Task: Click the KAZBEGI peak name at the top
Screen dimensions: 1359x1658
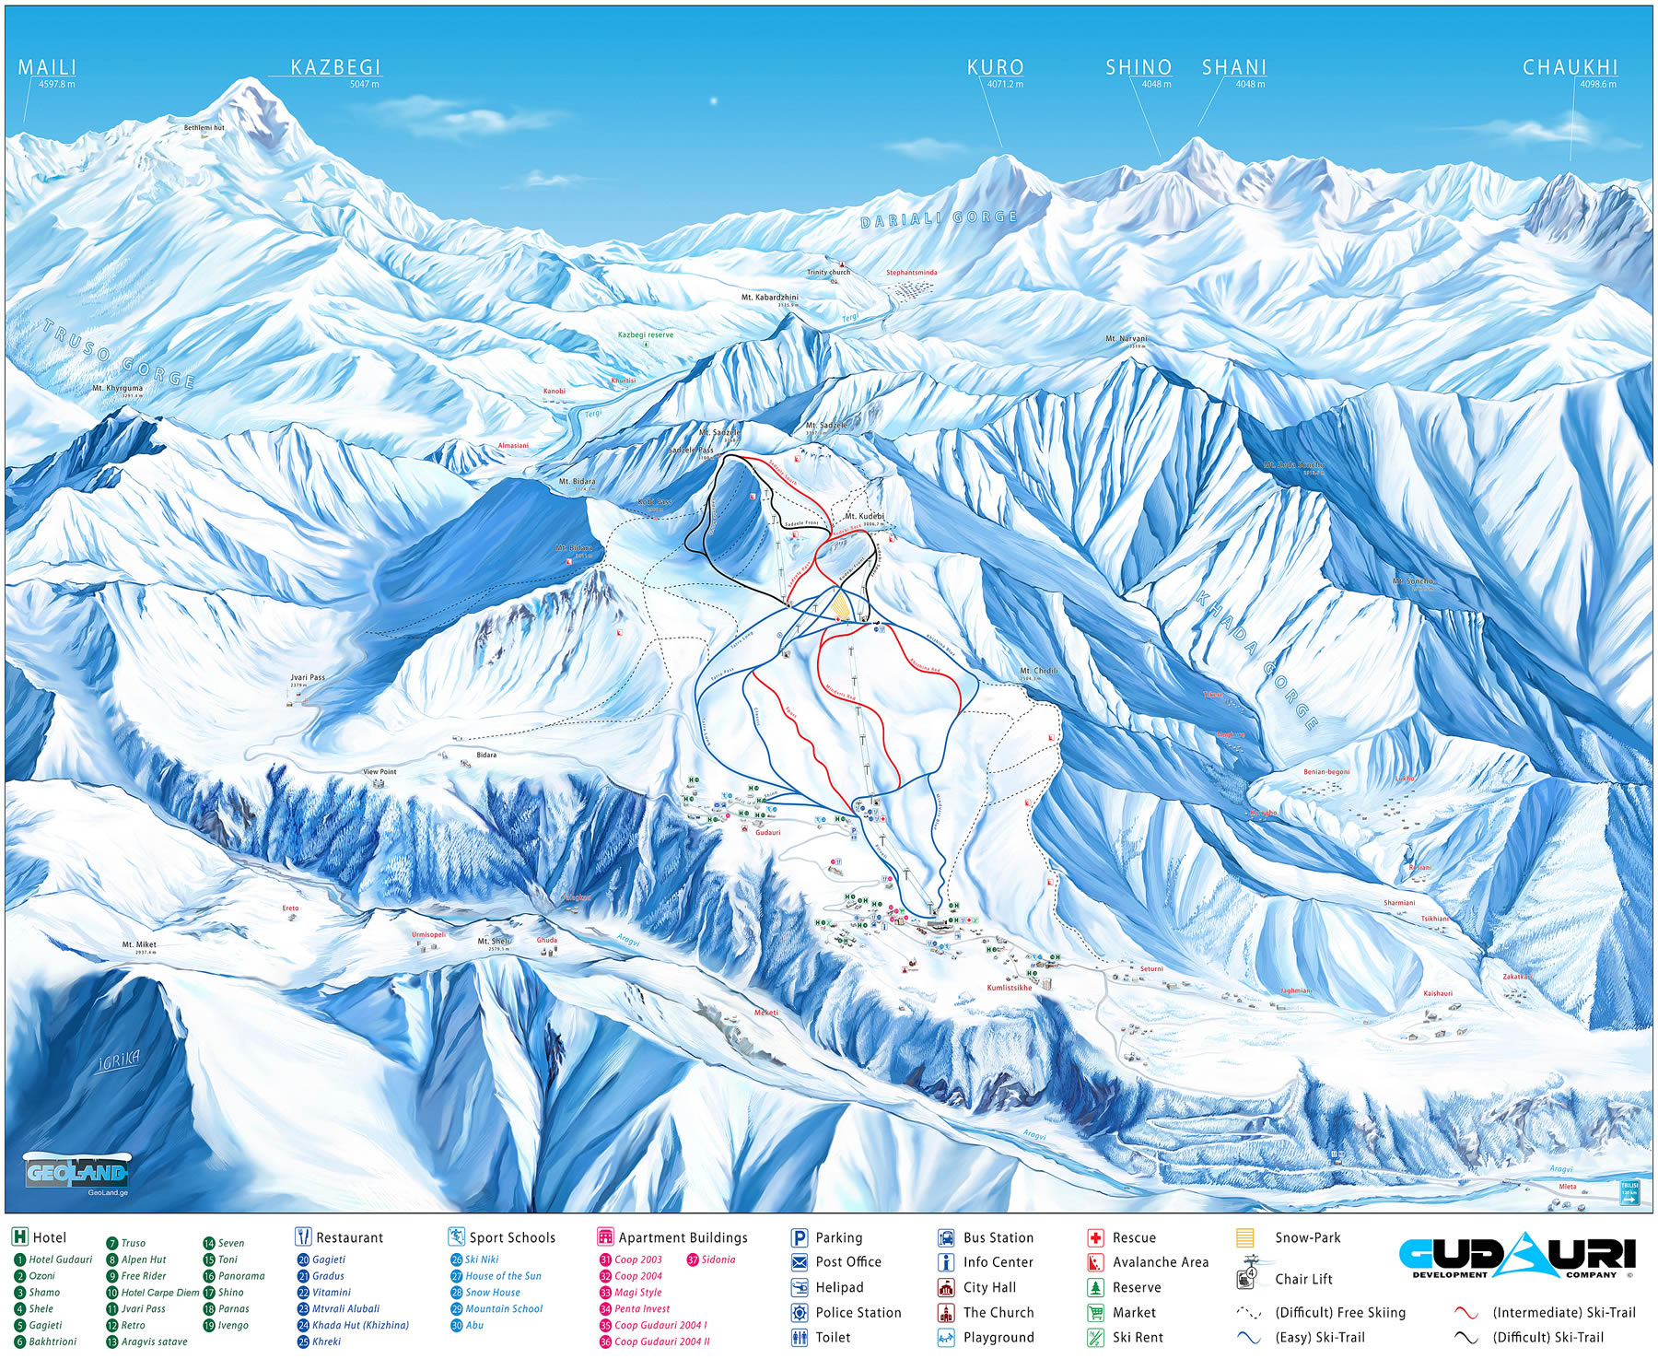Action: [335, 67]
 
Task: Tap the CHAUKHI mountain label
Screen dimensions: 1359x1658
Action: [1570, 67]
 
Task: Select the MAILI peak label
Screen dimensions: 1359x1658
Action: [47, 67]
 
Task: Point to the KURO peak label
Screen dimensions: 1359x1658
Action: [995, 67]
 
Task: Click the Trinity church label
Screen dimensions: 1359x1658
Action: [828, 273]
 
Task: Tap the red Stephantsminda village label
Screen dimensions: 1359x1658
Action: [911, 273]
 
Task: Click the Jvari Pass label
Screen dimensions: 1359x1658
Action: [308, 677]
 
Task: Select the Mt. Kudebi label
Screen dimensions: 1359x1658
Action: [864, 517]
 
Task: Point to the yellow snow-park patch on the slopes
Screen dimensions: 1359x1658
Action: [840, 605]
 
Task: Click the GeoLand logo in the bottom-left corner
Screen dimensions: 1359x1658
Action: [76, 1173]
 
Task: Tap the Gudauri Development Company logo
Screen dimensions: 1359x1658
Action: [1517, 1257]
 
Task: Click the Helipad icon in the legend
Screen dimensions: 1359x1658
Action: [800, 1287]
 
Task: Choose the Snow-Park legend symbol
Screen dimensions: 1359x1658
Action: [1245, 1237]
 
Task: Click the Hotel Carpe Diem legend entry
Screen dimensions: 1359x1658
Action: [158, 1293]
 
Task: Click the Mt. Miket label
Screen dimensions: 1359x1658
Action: [139, 944]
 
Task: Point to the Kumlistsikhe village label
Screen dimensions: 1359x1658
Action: [1009, 988]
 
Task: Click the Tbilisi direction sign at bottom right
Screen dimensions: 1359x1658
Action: [1629, 1192]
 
